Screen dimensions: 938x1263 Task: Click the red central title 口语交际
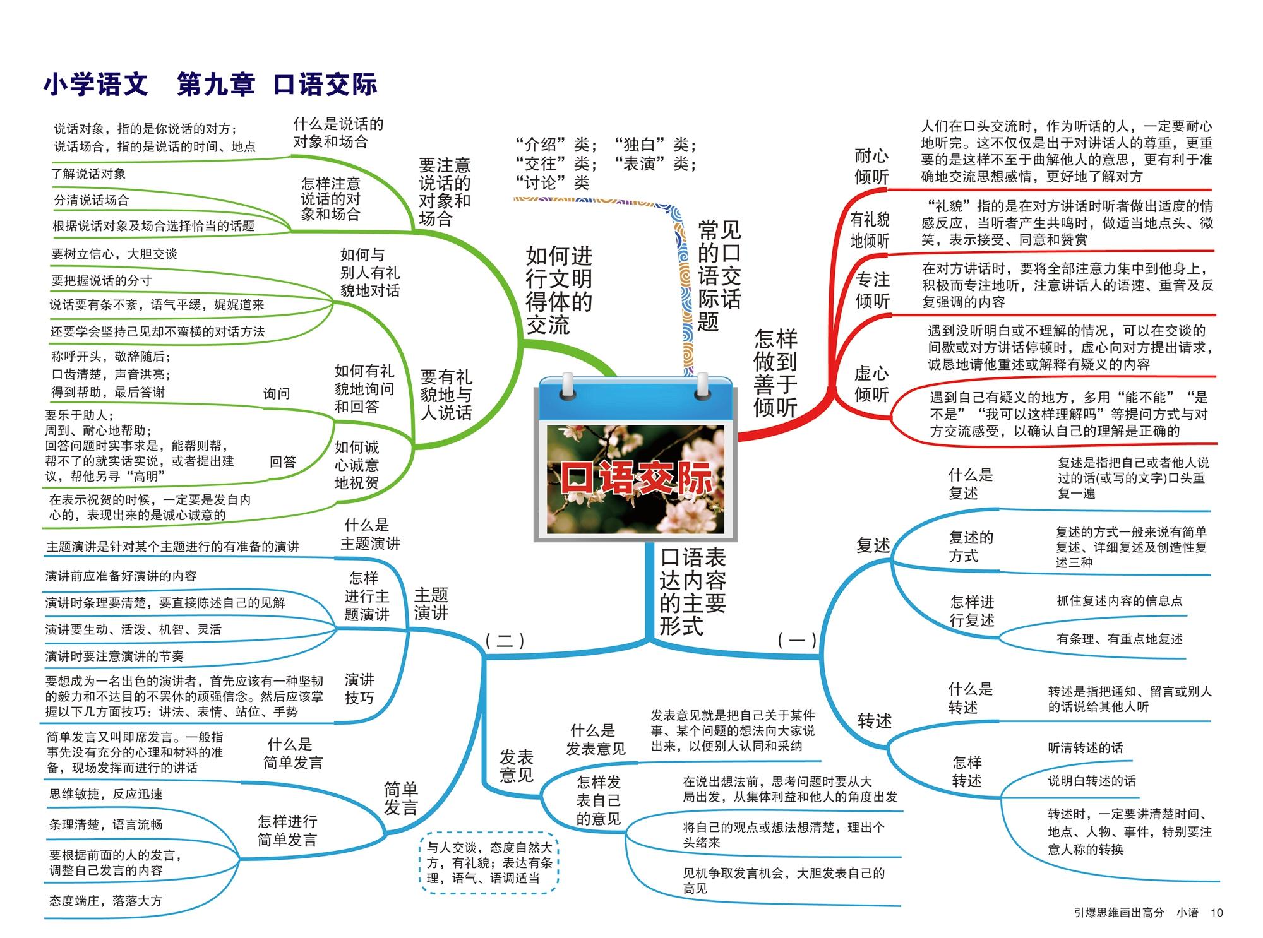[x=636, y=478]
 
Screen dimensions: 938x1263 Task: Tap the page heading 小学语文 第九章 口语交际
[x=210, y=85]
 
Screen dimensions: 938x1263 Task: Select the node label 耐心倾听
[x=871, y=166]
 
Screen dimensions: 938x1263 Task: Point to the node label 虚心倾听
[x=871, y=384]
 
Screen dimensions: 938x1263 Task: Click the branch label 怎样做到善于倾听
[x=775, y=372]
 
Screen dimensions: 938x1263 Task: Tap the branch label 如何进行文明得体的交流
[x=559, y=290]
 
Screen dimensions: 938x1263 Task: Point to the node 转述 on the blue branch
[x=874, y=721]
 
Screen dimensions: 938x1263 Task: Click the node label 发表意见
[x=516, y=766]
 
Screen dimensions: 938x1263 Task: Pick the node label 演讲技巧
[x=359, y=689]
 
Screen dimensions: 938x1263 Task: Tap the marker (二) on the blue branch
[x=505, y=641]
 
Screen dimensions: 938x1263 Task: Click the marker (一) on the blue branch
[x=797, y=641]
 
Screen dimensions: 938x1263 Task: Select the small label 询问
[x=277, y=394]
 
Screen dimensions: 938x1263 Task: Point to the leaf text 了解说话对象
[x=88, y=174]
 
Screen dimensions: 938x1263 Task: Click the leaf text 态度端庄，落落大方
[x=105, y=901]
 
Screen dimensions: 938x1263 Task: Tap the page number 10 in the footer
[x=1216, y=912]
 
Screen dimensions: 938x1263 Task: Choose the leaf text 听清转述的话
[x=1086, y=748]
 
